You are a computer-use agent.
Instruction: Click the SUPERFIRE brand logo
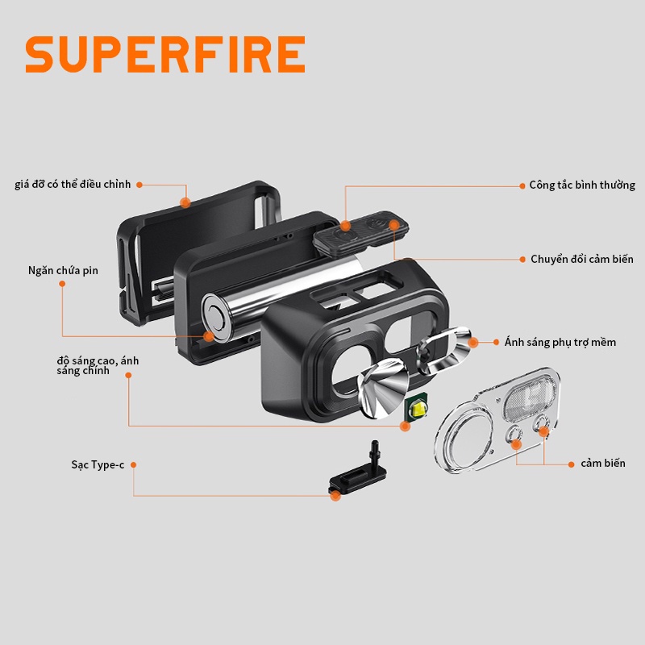[165, 55]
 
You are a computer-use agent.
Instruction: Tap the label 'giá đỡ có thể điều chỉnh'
[73, 185]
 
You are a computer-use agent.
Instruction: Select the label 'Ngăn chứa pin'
[63, 270]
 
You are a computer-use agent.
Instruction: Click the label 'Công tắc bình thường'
[582, 185]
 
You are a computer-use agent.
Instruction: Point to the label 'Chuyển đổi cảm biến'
[581, 259]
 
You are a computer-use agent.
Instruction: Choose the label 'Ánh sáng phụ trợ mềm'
[560, 342]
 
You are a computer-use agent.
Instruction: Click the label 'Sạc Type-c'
[97, 465]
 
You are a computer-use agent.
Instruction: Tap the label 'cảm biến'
[602, 464]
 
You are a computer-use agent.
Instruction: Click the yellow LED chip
[418, 410]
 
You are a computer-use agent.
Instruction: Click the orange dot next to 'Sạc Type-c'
[133, 465]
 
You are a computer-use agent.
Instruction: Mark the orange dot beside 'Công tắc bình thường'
[522, 185]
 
